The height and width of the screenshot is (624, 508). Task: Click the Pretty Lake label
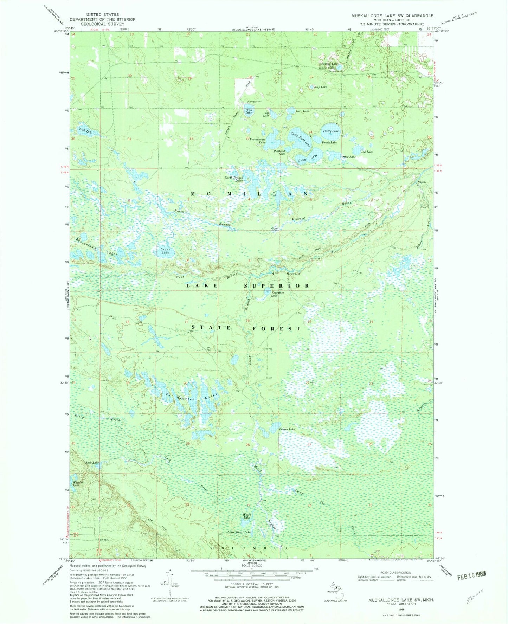331,131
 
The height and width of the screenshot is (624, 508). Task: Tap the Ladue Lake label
165,251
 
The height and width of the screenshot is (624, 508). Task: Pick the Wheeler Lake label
77,484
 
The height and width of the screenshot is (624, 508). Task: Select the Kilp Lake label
320,87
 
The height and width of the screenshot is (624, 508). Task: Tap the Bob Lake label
367,152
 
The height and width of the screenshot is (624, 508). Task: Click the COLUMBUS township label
251,548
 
